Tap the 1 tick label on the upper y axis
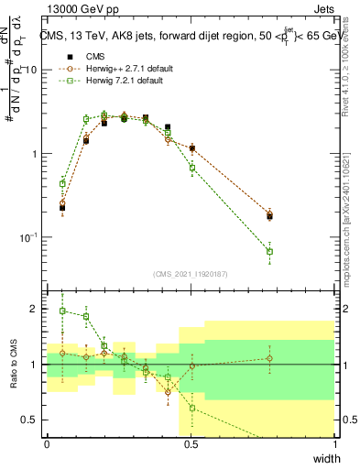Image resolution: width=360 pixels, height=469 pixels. tap(36, 154)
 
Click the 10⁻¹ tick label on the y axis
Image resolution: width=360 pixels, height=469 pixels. tap(30, 237)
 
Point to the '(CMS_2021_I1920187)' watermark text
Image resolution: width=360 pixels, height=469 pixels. tap(191, 273)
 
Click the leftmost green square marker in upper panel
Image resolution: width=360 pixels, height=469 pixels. tap(62, 183)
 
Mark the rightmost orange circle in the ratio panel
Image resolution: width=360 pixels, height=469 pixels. tap(269, 358)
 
